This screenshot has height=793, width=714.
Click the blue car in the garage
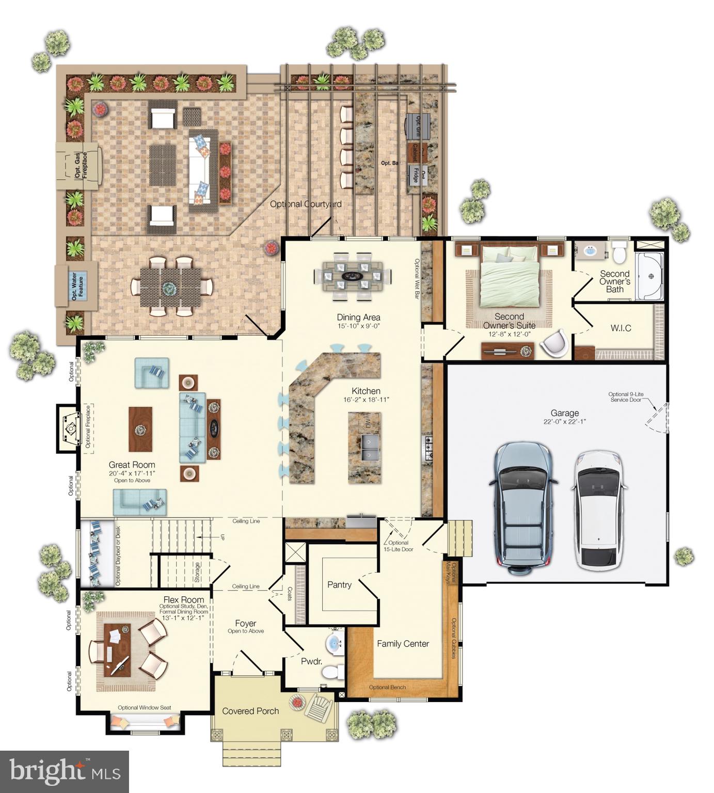tap(523, 507)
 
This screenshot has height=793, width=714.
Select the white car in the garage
tap(599, 510)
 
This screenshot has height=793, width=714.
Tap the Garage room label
tap(564, 414)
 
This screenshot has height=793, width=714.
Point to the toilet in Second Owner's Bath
tap(618, 253)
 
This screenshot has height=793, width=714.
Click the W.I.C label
tap(621, 328)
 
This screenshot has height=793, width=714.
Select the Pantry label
tap(339, 585)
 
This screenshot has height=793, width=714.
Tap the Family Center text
tap(403, 644)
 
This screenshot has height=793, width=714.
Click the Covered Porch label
tap(250, 711)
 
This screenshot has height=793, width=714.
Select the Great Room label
tap(132, 465)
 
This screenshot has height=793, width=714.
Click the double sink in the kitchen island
tap(369, 447)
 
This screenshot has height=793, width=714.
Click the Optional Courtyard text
tap(306, 204)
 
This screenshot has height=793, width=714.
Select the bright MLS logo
tap(65, 771)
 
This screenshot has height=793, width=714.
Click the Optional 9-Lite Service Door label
tap(626, 397)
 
